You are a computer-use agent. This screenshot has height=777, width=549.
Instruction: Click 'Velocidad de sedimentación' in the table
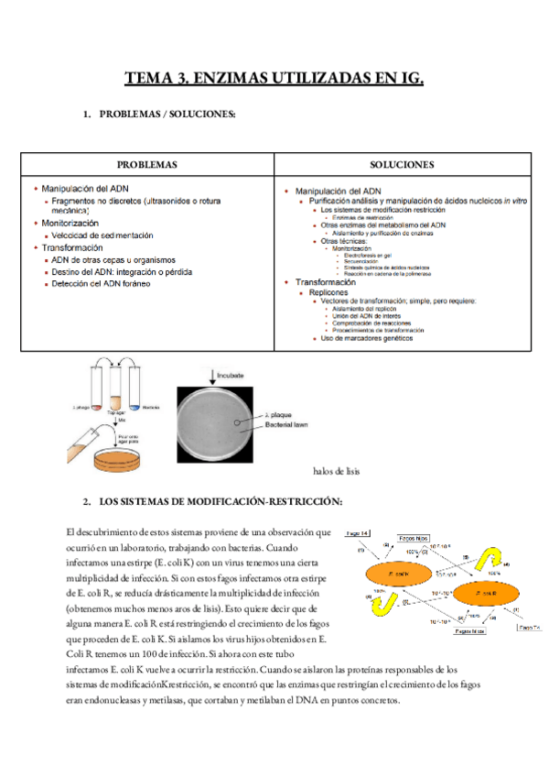pos(102,235)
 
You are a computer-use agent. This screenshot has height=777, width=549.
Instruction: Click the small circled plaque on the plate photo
pos(237,421)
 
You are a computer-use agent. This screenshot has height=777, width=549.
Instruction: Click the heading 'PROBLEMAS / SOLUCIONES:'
pos(167,115)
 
